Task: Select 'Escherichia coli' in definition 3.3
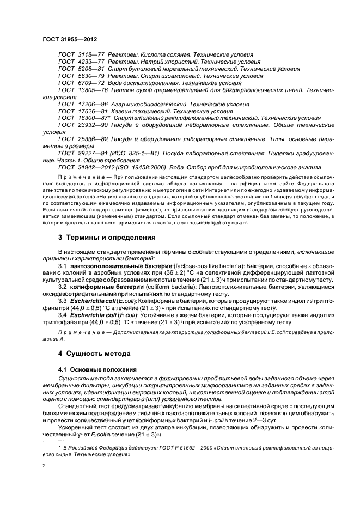(94, 300)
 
